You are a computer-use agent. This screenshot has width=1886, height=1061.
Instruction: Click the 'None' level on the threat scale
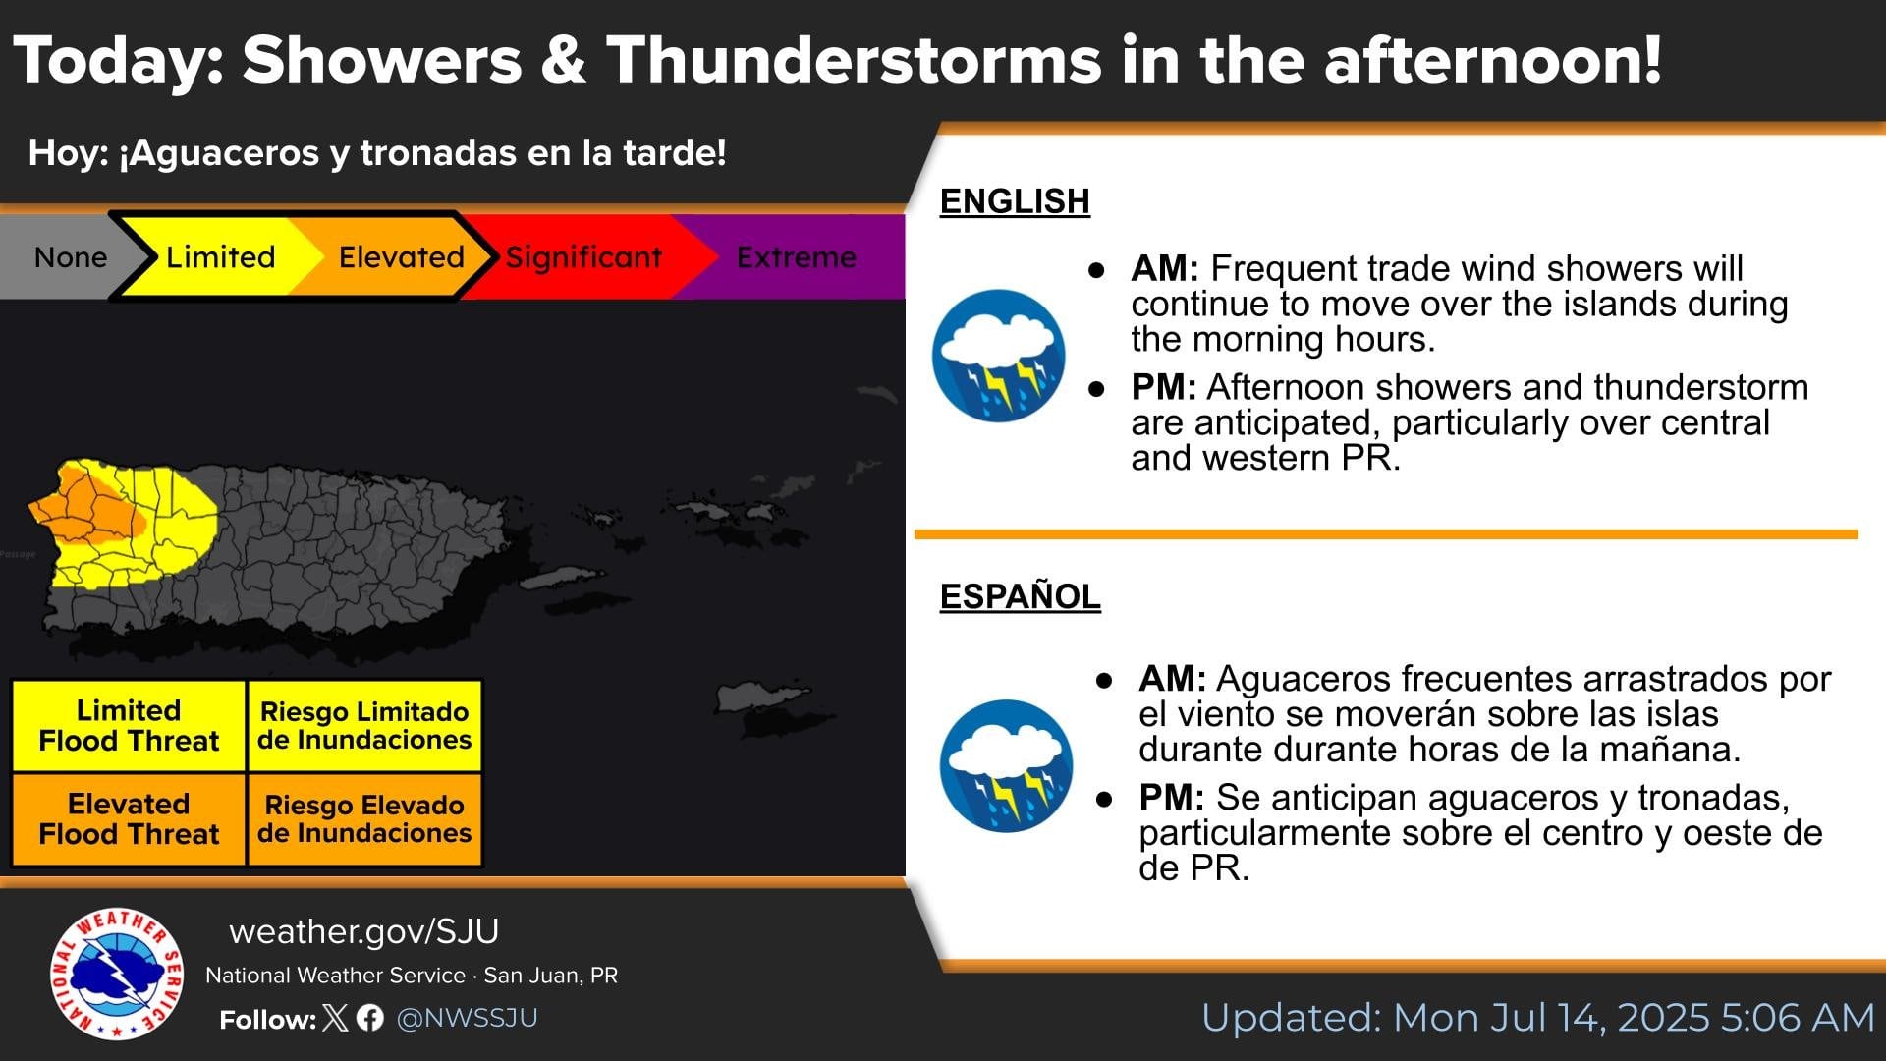(x=64, y=257)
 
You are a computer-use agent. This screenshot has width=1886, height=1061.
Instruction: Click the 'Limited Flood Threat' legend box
(x=129, y=726)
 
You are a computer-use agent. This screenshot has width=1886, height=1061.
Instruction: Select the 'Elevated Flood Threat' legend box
(x=129, y=819)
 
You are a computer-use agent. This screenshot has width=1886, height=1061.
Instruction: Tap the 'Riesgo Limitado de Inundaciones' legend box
(x=364, y=726)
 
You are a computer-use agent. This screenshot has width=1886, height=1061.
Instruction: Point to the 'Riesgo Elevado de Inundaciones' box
(x=364, y=819)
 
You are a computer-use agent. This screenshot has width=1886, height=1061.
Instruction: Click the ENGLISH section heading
(x=1015, y=201)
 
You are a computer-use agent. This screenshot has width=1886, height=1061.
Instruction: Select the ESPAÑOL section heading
(x=1020, y=596)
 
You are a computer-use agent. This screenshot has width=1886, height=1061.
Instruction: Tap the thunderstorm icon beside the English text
(x=998, y=356)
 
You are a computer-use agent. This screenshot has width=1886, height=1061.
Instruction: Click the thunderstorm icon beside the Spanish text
(x=1006, y=766)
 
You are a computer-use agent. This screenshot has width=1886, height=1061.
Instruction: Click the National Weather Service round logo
(x=117, y=974)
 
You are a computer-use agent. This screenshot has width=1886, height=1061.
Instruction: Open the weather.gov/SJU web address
(x=364, y=931)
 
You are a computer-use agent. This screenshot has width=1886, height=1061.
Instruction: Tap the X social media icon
(x=335, y=1018)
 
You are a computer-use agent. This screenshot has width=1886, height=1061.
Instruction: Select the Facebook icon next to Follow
(x=370, y=1018)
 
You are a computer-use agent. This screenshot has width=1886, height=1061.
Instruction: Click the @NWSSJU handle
(x=467, y=1018)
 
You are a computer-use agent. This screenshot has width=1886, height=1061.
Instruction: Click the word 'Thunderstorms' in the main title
(x=853, y=60)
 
